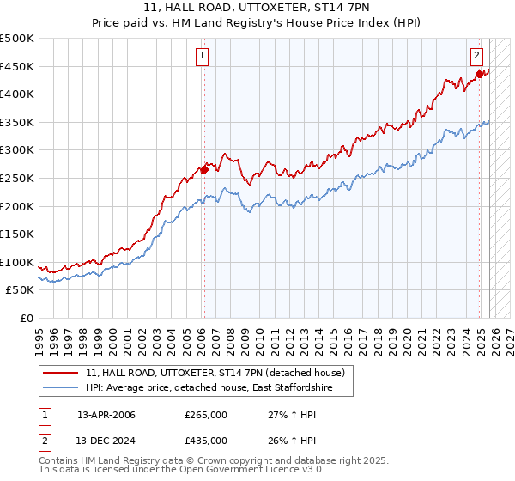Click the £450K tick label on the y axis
(17, 67)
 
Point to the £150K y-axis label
(17, 234)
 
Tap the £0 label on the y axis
(26, 319)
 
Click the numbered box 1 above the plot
(203, 57)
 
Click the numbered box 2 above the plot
(476, 57)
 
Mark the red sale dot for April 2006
(204, 170)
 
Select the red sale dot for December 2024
(479, 75)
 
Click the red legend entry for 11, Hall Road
(215, 373)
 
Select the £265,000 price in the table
(205, 415)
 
